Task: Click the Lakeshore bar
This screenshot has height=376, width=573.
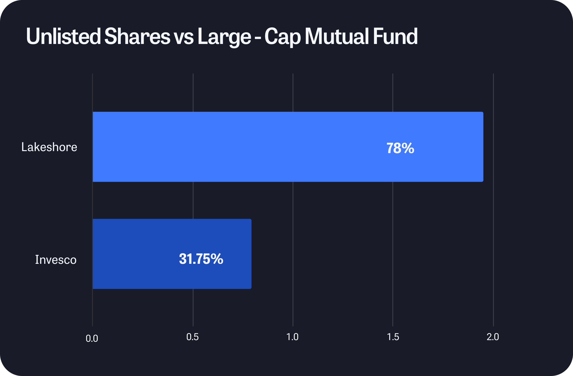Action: coord(288,147)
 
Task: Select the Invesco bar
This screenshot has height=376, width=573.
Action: coord(172,254)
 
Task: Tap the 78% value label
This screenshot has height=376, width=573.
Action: coord(400,148)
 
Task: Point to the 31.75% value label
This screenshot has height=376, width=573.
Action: coord(201,259)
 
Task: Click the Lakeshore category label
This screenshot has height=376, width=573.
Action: coord(49,147)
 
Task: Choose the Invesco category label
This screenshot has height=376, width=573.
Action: coord(56,260)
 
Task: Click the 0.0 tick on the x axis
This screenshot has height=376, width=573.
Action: coord(92,339)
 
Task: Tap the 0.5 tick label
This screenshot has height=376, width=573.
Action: coord(193,337)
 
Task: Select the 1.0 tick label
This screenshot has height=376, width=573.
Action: coord(292,337)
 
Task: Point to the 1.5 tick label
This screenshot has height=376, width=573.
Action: coord(393,337)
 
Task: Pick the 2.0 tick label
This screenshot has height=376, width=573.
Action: coord(493,337)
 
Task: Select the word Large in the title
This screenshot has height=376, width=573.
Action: coord(225,37)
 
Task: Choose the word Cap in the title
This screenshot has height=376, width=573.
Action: coord(283,37)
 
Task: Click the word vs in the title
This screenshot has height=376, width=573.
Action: coord(184,38)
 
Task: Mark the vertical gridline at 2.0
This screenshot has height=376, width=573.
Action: coord(493,200)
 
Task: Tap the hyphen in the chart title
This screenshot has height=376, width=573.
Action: coord(258,39)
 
